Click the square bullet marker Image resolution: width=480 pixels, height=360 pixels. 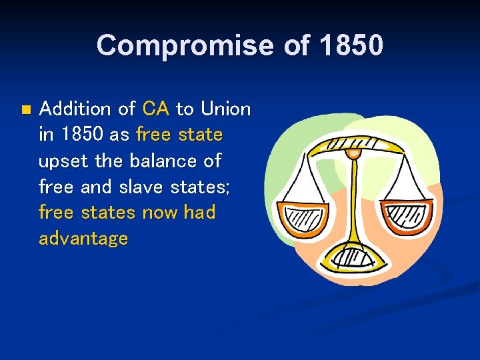pos(25,109)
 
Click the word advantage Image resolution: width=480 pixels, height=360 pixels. pos(83,239)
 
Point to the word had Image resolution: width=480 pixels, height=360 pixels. pos(199,213)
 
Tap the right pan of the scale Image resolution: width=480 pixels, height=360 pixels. pos(408,217)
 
